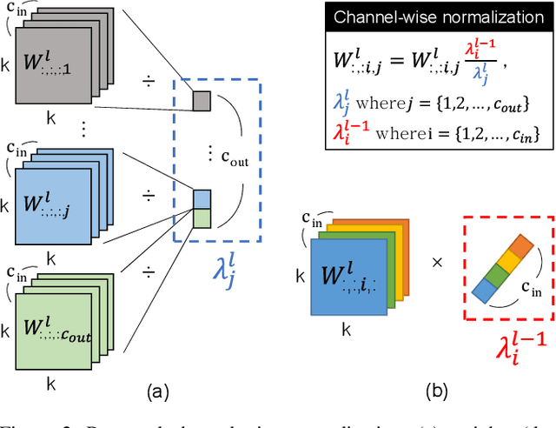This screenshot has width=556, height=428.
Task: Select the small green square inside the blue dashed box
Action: [x=201, y=217]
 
